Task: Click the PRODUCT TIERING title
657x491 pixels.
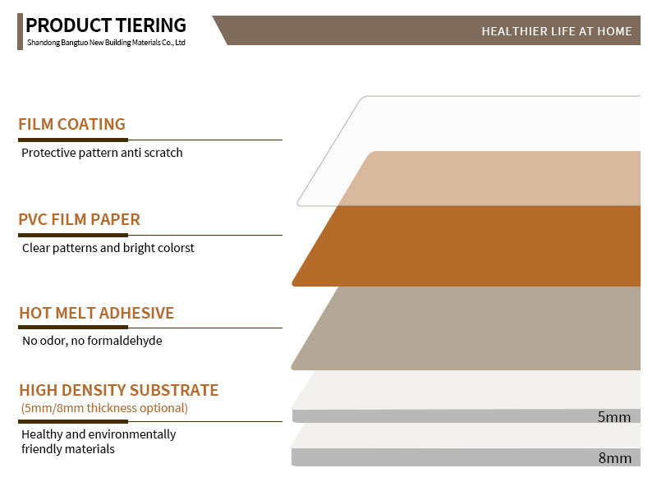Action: click(x=106, y=25)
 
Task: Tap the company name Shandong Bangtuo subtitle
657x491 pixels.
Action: click(x=107, y=43)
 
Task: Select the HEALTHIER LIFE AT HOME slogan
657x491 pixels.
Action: click(x=557, y=31)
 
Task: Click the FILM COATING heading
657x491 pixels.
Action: click(x=71, y=125)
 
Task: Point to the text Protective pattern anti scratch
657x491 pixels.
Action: click(x=102, y=153)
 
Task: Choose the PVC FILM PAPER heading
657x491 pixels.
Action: click(x=79, y=219)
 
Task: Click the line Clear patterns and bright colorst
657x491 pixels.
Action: click(x=108, y=248)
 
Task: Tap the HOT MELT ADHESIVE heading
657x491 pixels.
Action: click(x=96, y=313)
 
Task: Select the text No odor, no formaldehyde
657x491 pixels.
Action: click(x=92, y=341)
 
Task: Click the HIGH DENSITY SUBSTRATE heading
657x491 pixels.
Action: click(x=119, y=390)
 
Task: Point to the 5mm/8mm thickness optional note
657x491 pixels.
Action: click(x=104, y=408)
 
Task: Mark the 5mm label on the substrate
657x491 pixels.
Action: click(x=613, y=417)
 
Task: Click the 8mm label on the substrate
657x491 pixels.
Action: click(x=614, y=458)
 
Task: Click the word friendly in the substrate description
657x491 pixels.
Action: click(x=42, y=449)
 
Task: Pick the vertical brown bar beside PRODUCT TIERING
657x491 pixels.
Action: click(x=20, y=31)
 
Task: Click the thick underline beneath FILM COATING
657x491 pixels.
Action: click(x=73, y=140)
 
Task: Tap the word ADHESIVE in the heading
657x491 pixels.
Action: click(x=136, y=313)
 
